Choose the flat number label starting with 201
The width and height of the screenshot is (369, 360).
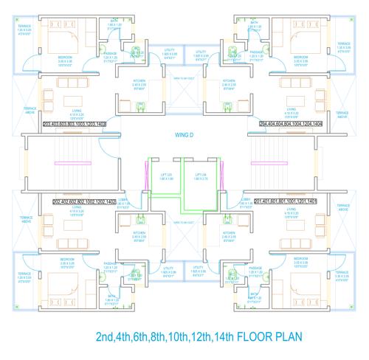point(285,201)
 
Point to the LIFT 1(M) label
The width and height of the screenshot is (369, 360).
point(201,176)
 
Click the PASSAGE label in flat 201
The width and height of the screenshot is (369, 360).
point(258,264)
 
